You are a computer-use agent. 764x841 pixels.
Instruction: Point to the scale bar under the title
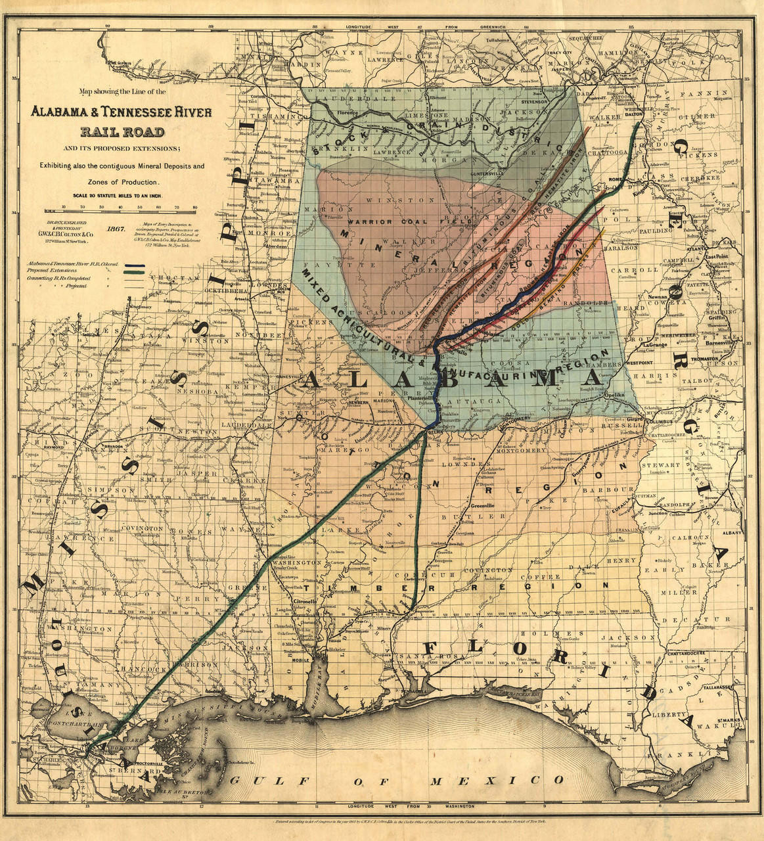[x=120, y=211]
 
